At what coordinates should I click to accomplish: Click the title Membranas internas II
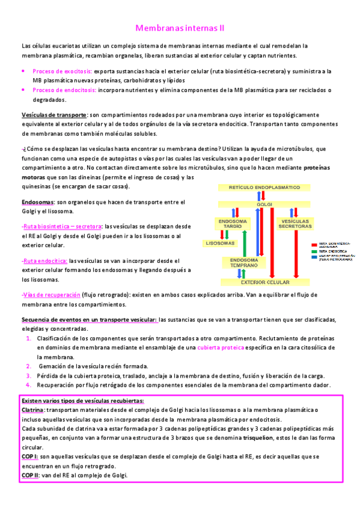pyautogui.click(x=180, y=28)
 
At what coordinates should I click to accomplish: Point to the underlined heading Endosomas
pyautogui.click(x=37, y=202)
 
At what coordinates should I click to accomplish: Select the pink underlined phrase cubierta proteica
pyautogui.click(x=222, y=348)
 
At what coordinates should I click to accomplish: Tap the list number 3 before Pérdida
pyautogui.click(x=29, y=375)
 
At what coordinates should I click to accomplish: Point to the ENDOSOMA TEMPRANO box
pyautogui.click(x=243, y=262)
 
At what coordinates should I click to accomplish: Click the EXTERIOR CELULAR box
pyautogui.click(x=264, y=282)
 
